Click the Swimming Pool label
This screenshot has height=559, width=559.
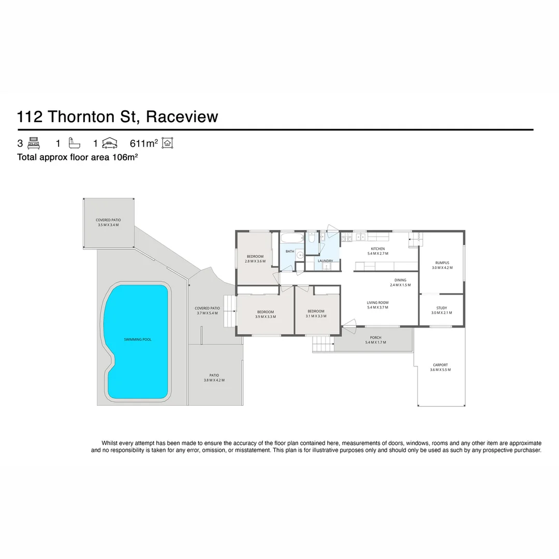pos(138,340)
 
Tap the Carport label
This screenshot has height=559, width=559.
pos(440,365)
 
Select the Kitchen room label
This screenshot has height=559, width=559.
pos(377,249)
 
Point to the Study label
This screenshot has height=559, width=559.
pos(442,308)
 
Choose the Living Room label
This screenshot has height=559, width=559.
pos(377,303)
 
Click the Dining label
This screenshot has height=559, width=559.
pos(400,280)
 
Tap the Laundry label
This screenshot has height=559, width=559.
pos(325,261)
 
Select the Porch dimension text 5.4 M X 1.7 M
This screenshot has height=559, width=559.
pos(375,343)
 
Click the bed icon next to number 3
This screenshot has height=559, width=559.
pos(34,143)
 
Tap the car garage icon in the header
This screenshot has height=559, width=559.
pos(109,143)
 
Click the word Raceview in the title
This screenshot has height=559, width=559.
pos(182,116)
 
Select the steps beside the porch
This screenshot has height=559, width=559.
pos(322,344)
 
